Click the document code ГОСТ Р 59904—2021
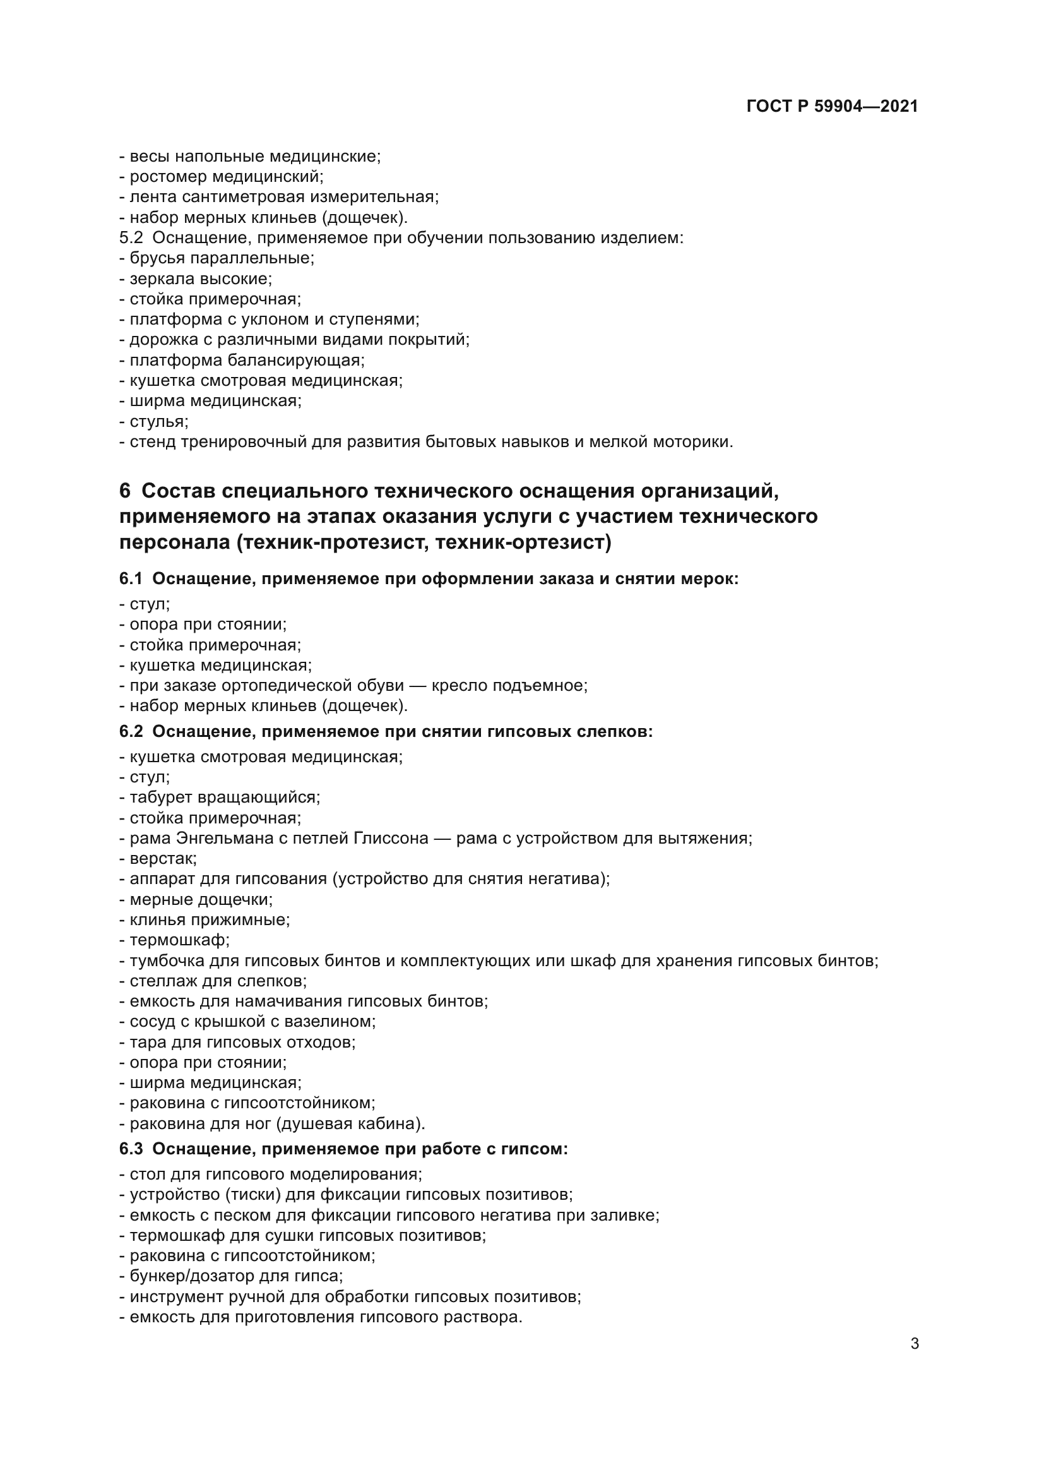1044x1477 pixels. (832, 106)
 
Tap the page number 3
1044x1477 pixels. (914, 1343)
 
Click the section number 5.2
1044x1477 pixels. (131, 238)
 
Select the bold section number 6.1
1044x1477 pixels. (131, 579)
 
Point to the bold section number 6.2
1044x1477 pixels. (131, 731)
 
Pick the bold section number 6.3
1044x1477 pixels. (131, 1148)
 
